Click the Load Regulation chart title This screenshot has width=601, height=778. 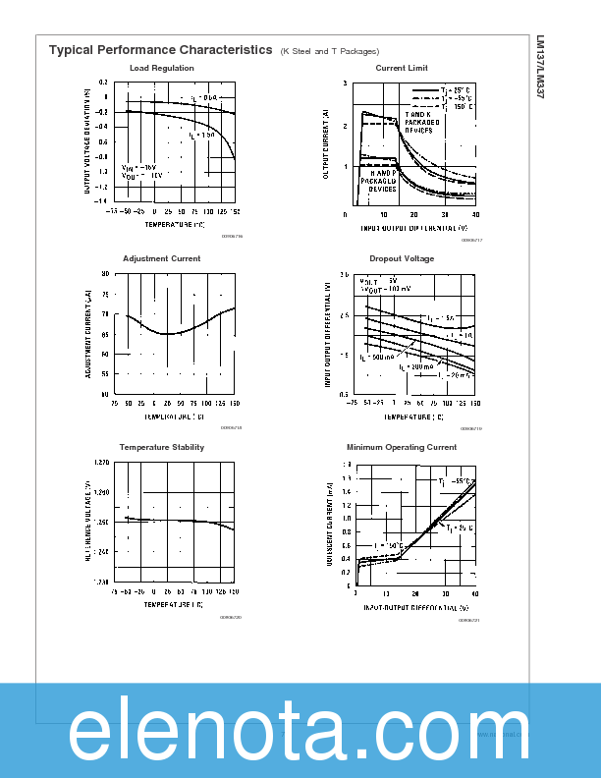(x=161, y=68)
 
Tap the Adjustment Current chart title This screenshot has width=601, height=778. (x=161, y=258)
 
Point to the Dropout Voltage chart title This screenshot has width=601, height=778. (x=401, y=258)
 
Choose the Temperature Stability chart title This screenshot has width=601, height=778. (x=161, y=447)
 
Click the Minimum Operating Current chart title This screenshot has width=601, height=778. (x=401, y=447)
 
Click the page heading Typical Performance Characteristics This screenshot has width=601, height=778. (x=160, y=49)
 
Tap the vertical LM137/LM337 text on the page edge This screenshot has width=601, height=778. (x=540, y=70)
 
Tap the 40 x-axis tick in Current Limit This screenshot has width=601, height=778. (x=475, y=214)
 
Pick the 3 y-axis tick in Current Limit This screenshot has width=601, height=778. (x=346, y=83)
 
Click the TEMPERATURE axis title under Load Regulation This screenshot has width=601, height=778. (x=175, y=224)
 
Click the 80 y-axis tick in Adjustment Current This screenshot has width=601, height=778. (x=105, y=274)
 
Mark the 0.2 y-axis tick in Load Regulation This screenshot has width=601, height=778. (x=104, y=83)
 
